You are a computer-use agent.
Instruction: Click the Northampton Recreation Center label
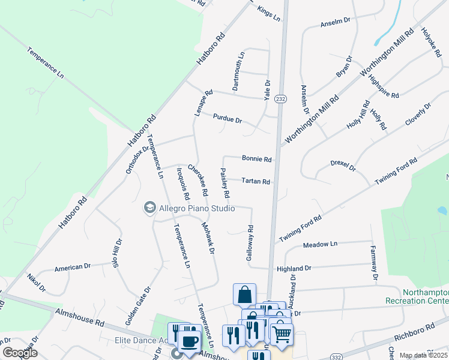pyautogui.click(x=426, y=296)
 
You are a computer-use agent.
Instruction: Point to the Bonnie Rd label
pyautogui.click(x=257, y=159)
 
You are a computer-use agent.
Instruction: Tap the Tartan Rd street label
pyautogui.click(x=256, y=181)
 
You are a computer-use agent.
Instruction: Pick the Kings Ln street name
pyautogui.click(x=268, y=13)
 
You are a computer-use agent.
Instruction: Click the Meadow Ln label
pyautogui.click(x=321, y=244)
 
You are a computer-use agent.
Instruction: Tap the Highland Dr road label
pyautogui.click(x=294, y=269)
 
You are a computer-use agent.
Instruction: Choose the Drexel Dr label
pyautogui.click(x=343, y=165)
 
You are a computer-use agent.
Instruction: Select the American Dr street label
pyautogui.click(x=72, y=267)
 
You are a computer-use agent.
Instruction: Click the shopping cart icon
pyautogui.click(x=282, y=332)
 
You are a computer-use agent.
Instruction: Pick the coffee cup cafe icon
pyautogui.click(x=190, y=342)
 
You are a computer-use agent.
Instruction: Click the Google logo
pyautogui.click(x=19, y=353)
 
